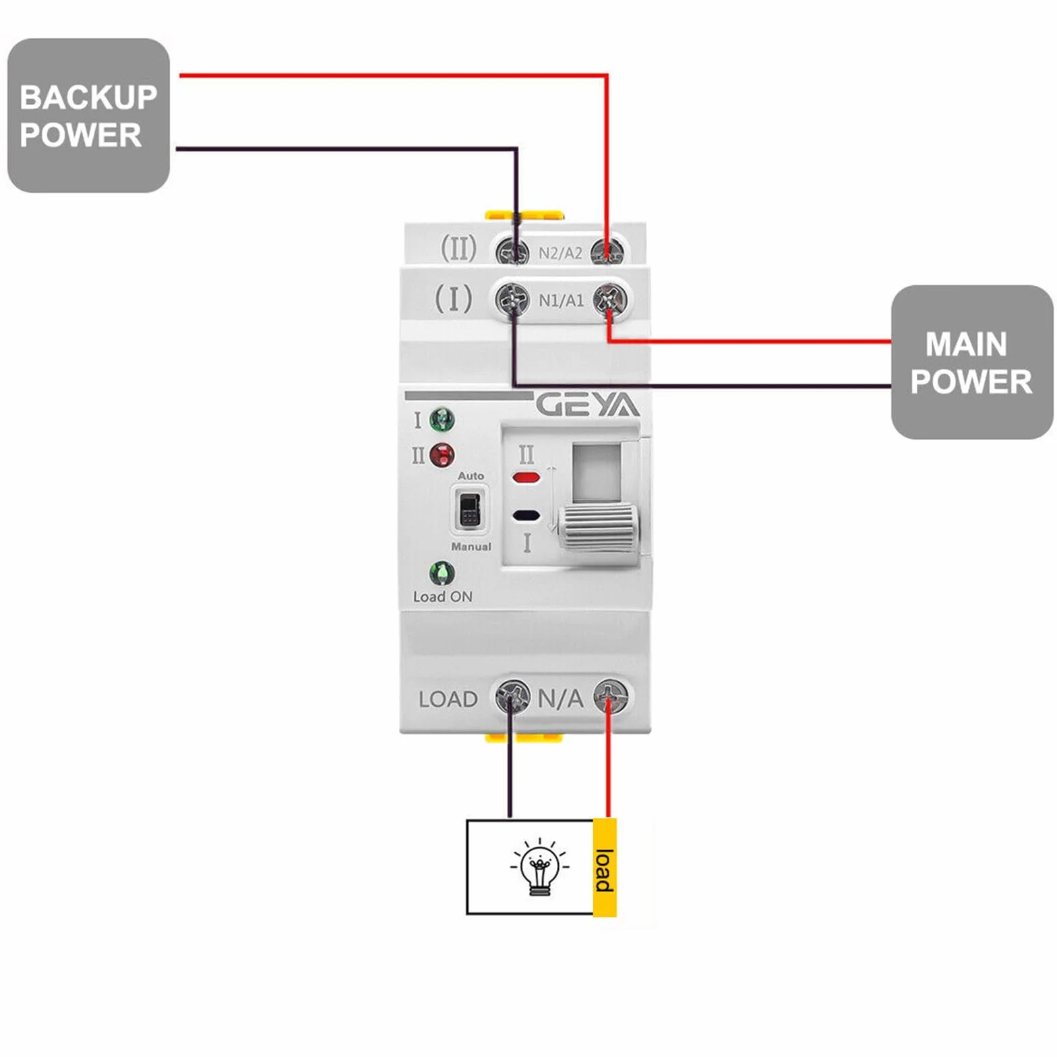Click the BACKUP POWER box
click(88, 115)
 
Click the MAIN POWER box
click(972, 362)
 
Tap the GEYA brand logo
click(588, 405)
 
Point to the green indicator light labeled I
click(442, 420)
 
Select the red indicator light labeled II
click(442, 456)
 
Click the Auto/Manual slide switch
click(469, 510)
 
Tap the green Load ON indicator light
click(442, 574)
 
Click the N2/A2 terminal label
click(560, 253)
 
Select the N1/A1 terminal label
click(561, 301)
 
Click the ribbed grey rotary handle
click(598, 528)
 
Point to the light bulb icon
click(539, 868)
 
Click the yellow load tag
click(605, 868)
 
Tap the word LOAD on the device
click(448, 700)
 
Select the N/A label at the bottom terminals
click(560, 699)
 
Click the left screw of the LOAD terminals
click(513, 696)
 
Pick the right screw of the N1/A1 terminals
click(610, 300)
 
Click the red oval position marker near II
click(526, 478)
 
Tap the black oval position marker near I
click(526, 516)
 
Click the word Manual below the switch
click(471, 547)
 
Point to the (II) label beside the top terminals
click(458, 248)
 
